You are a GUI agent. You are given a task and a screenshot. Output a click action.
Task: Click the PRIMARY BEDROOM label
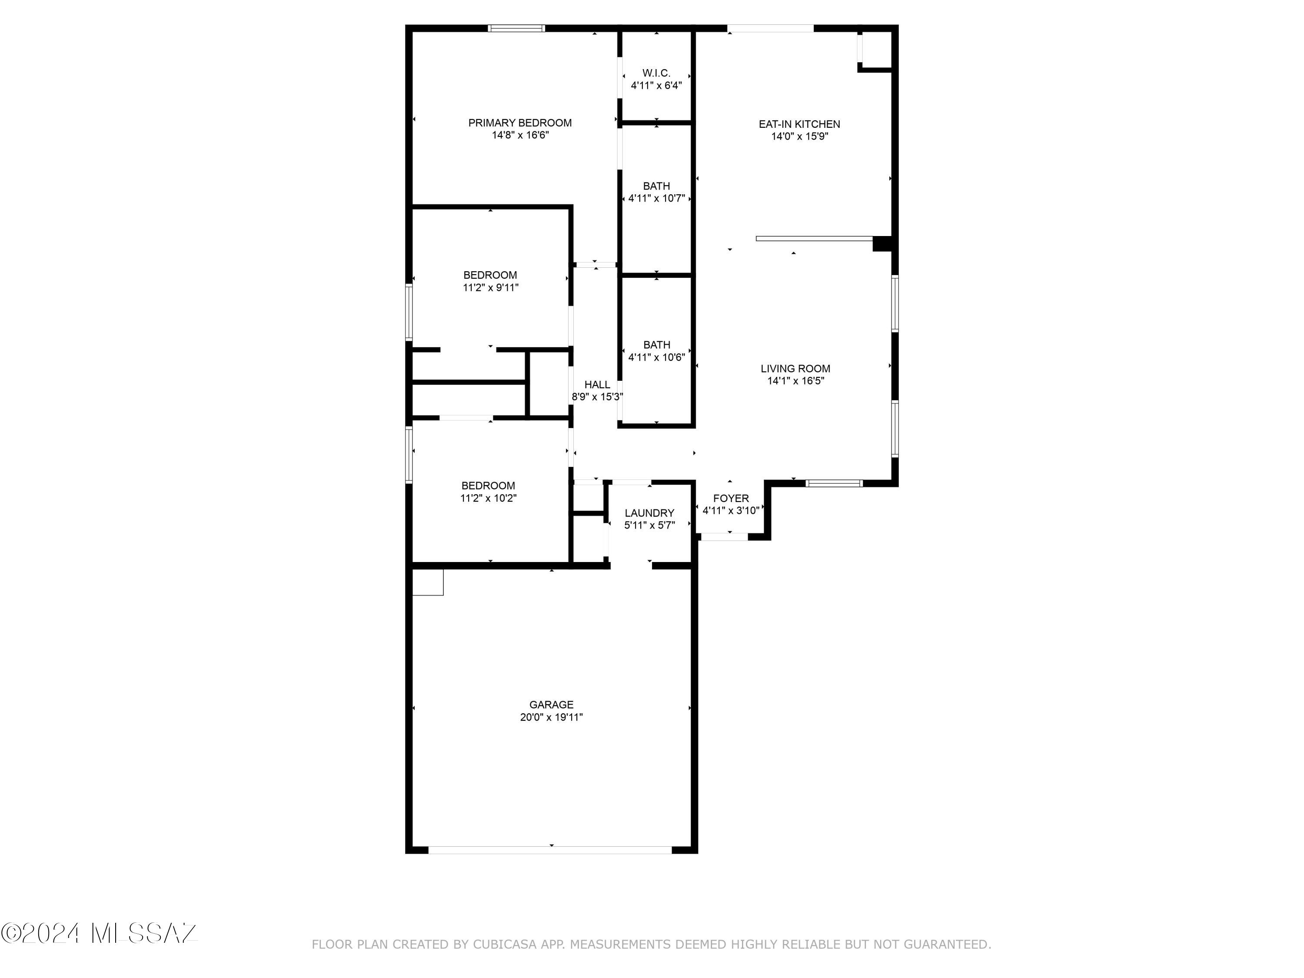[520, 123]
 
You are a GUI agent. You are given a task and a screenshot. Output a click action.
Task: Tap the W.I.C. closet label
[656, 73]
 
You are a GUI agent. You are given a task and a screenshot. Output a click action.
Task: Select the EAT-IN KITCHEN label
[799, 124]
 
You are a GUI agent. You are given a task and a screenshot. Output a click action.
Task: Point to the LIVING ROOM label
[795, 369]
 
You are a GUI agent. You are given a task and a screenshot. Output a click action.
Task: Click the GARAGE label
[551, 705]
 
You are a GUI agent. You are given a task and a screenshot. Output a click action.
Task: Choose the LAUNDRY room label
[650, 513]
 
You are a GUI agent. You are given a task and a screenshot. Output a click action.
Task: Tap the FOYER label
[731, 498]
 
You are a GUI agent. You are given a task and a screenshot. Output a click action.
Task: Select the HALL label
[597, 384]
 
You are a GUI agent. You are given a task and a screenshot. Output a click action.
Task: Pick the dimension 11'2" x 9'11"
[490, 288]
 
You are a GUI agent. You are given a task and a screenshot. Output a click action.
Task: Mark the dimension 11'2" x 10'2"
[488, 498]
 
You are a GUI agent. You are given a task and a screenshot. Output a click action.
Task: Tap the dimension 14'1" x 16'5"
[796, 381]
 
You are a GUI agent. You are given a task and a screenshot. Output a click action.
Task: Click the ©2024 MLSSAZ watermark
[99, 933]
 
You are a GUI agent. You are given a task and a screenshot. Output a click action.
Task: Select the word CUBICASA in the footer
[505, 945]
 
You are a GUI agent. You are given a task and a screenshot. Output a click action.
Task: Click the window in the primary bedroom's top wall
[516, 28]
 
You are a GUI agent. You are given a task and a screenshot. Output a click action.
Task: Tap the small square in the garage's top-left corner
[427, 582]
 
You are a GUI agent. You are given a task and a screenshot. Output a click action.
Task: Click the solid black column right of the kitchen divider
[882, 244]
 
